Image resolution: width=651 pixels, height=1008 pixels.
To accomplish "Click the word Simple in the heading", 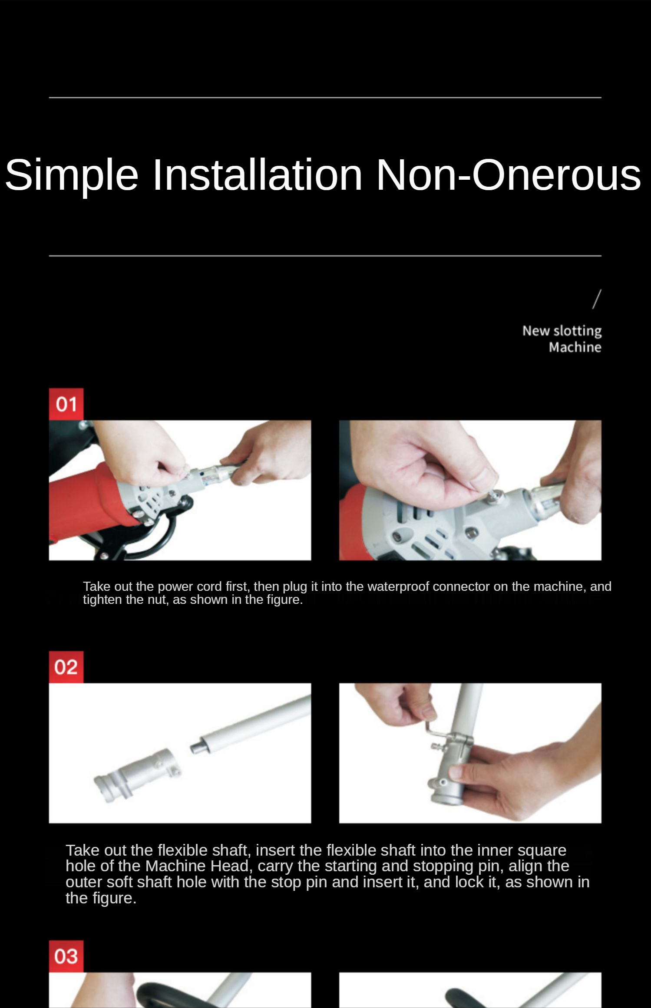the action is click(72, 175).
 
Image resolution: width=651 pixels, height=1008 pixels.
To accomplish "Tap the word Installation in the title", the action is click(258, 174).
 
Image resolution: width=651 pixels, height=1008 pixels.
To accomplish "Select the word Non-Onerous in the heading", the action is click(509, 174).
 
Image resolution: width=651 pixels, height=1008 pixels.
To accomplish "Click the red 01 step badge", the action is click(66, 404).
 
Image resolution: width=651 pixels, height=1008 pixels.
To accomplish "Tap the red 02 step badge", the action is click(66, 667).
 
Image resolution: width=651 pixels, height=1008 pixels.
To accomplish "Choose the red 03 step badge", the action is click(66, 956).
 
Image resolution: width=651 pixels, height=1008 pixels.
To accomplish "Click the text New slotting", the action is click(562, 331).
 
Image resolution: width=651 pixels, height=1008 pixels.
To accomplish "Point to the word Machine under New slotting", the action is click(575, 347).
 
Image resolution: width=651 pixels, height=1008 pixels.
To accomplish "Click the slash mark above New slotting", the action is click(597, 299).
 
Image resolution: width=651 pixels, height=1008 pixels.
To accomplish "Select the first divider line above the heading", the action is click(325, 98).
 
